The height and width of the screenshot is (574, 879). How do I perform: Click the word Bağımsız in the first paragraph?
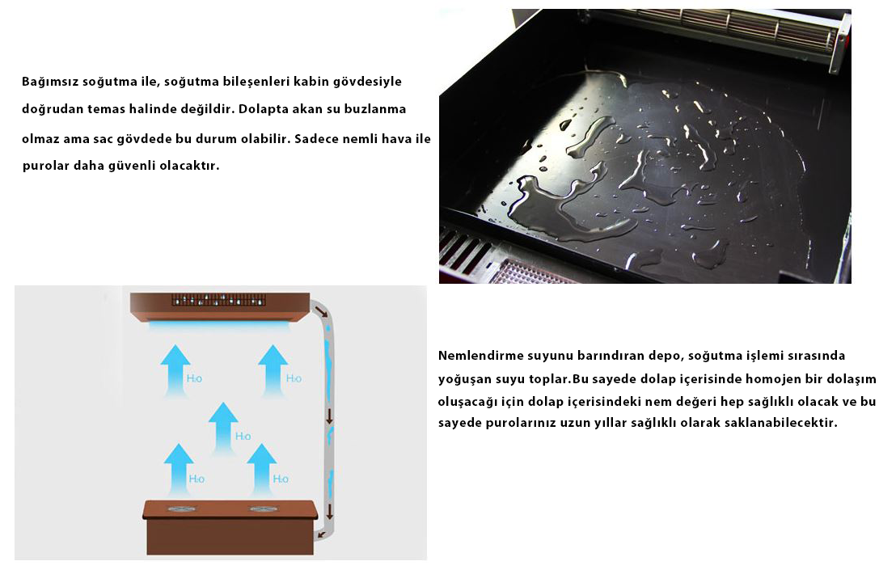[50, 82]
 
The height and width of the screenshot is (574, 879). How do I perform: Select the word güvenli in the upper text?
[134, 166]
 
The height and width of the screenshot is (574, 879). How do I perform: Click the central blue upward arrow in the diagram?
[223, 428]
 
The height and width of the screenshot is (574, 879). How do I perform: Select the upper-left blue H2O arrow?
[175, 370]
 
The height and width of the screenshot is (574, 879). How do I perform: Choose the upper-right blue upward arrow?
[273, 370]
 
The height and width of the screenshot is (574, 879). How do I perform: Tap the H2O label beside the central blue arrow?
[243, 436]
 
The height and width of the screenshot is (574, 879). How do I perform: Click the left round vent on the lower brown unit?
[182, 509]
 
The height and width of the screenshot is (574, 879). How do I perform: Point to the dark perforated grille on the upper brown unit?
[218, 300]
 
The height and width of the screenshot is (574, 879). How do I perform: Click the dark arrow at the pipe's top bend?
[322, 311]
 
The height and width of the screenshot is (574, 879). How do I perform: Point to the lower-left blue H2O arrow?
[179, 470]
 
